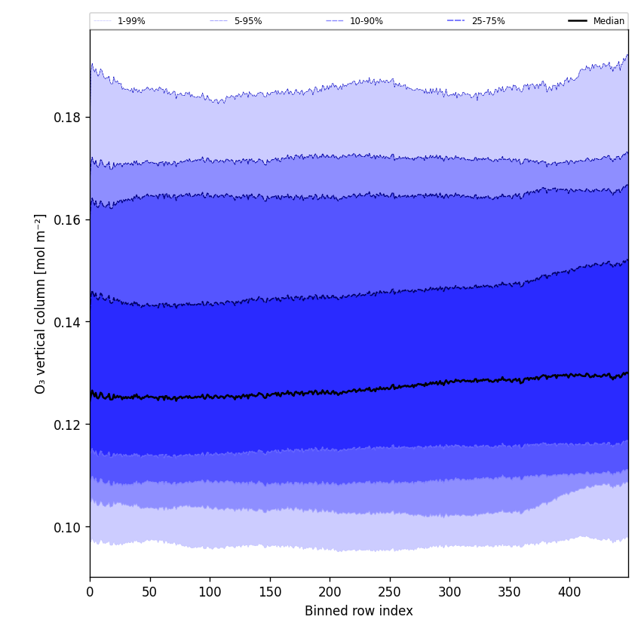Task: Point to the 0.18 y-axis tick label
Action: click(x=66, y=118)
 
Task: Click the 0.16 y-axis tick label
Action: click(x=66, y=220)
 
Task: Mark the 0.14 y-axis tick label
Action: click(x=66, y=322)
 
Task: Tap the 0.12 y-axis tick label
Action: click(x=66, y=425)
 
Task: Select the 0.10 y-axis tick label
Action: click(x=66, y=527)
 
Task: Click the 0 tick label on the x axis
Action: click(x=90, y=592)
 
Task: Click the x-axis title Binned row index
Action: click(x=359, y=611)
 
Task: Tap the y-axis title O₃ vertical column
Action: click(x=41, y=303)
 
